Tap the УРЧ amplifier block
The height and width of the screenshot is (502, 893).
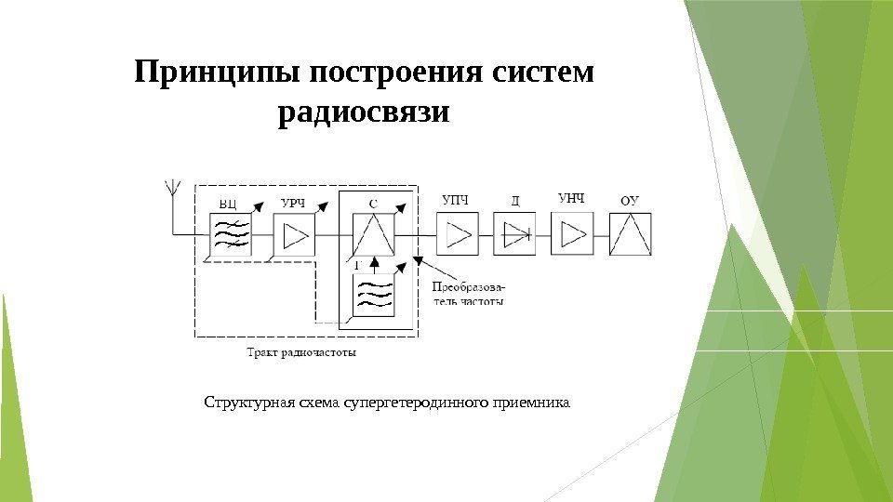coord(294,235)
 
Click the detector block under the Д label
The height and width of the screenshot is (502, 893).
coord(514,233)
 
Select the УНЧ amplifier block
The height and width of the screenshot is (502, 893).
coord(572,233)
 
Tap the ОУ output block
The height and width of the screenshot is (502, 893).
coord(631,234)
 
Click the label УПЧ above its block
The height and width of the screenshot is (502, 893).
coord(455,198)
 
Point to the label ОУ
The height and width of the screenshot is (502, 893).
coord(630,200)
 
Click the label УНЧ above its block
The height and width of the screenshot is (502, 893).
coord(571,197)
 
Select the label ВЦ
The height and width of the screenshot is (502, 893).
coord(228,202)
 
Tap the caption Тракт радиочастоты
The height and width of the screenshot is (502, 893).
coord(301,352)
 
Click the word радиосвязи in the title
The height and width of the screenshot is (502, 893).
coord(364,113)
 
